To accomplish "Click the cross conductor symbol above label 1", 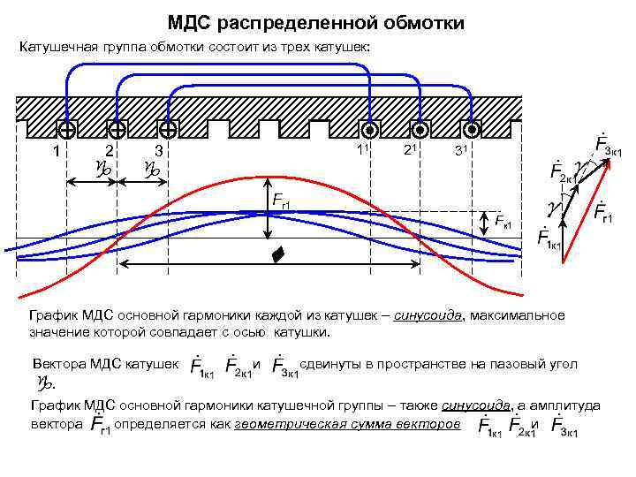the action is click(66, 129).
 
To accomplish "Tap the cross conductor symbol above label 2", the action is click(116, 129).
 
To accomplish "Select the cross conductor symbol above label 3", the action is click(166, 129).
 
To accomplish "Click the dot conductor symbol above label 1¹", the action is click(370, 129).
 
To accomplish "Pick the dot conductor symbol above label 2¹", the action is click(420, 129).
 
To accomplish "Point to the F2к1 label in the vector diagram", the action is click(562, 170).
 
